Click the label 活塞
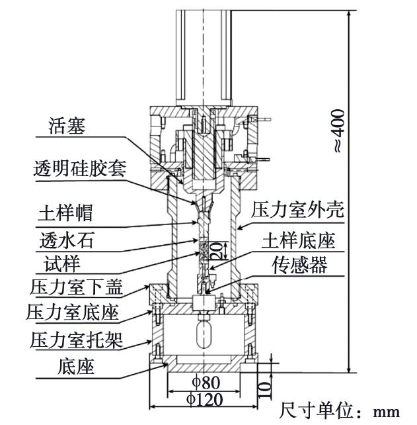pos(67,126)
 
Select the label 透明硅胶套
pos(80,169)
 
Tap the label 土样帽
pos(65,212)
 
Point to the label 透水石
pos(67,240)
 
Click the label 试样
pos(62,263)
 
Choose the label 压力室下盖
pos(77,287)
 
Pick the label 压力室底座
pos(73,312)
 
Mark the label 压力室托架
pos(77,340)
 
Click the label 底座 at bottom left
pos(76,367)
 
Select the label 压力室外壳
pos(297,209)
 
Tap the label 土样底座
pos(298,240)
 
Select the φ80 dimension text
pos(206,383)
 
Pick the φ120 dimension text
pos(205,400)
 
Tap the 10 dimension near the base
pos(265,390)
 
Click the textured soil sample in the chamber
pos(204,250)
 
